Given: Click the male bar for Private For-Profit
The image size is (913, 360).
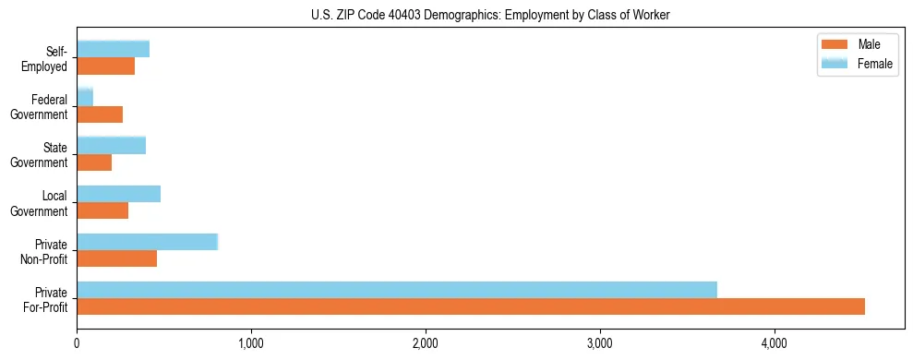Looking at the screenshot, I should click(x=471, y=306).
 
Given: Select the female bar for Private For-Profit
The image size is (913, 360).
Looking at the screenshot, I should click(x=397, y=290).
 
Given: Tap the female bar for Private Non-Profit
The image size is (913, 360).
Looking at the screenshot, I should click(x=147, y=242).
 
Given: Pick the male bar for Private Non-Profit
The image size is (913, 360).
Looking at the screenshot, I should click(x=117, y=258).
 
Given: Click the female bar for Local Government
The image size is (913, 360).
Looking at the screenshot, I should click(x=119, y=194).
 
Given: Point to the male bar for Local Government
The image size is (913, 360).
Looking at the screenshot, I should click(x=102, y=210).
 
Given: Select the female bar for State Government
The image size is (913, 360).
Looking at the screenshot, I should click(x=112, y=145).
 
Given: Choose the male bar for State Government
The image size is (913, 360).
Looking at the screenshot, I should click(x=94, y=162).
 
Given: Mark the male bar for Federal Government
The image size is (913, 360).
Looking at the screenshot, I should click(x=100, y=114).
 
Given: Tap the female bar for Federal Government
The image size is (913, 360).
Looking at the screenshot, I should click(x=85, y=97).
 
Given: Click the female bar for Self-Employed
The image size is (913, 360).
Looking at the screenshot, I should click(x=114, y=49).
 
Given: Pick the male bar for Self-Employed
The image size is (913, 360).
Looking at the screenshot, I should click(x=106, y=66).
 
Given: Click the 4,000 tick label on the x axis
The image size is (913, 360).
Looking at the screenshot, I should click(x=774, y=344).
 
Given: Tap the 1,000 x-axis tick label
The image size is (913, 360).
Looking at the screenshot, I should click(x=251, y=344).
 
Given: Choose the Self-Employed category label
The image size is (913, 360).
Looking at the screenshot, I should click(x=48, y=58).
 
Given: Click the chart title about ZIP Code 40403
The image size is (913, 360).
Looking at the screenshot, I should click(x=490, y=15).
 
